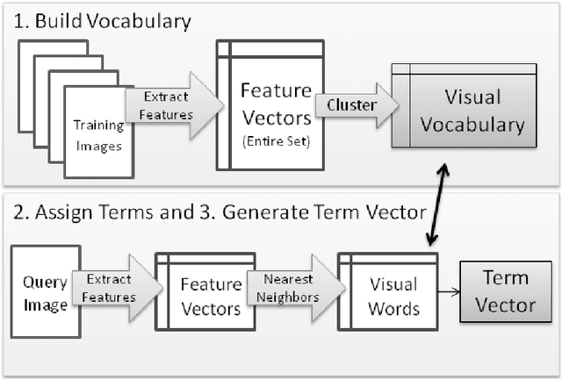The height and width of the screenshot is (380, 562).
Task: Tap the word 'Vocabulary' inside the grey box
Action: point(472,125)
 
